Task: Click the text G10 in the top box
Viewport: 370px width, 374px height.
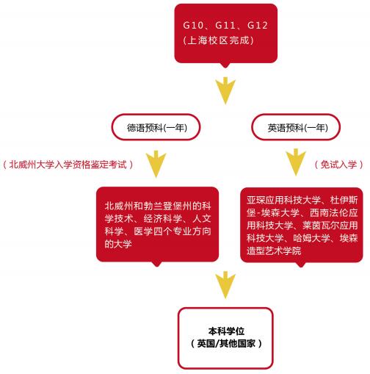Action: click(x=193, y=25)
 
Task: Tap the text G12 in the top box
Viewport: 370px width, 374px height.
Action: click(x=258, y=25)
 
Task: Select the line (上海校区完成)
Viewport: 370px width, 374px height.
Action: click(x=218, y=40)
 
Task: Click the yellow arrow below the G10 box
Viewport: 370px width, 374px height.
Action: click(x=225, y=90)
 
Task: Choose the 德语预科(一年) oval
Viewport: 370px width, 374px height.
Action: click(x=156, y=127)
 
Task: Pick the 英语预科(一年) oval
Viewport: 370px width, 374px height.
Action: click(x=296, y=127)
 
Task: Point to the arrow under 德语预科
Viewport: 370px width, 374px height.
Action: click(x=156, y=164)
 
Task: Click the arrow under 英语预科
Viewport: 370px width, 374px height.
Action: click(x=296, y=162)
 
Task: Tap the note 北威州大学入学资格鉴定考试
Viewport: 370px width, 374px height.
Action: click(x=68, y=165)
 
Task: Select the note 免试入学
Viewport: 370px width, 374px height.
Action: click(x=338, y=165)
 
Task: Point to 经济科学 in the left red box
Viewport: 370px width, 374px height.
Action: click(x=163, y=218)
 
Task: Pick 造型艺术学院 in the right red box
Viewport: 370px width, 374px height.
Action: click(x=274, y=251)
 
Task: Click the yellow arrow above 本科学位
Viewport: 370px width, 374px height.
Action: click(x=225, y=285)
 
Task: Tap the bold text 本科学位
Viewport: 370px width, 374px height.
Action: click(x=226, y=331)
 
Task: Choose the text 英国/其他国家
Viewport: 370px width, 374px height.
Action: click(x=226, y=343)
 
